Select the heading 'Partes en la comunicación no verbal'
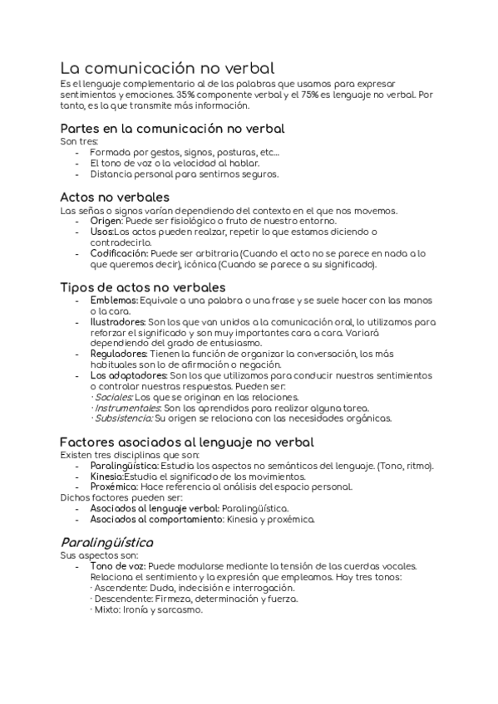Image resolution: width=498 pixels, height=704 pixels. click(x=172, y=129)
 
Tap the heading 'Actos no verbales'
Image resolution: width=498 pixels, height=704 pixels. click(x=115, y=198)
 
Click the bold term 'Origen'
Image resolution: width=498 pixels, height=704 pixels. click(x=106, y=221)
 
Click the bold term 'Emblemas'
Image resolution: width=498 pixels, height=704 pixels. click(x=113, y=300)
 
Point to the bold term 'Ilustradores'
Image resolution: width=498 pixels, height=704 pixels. click(x=117, y=321)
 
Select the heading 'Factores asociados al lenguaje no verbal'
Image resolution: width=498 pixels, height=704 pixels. click(x=187, y=442)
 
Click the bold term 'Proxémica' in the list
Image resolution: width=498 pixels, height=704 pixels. click(x=114, y=486)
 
